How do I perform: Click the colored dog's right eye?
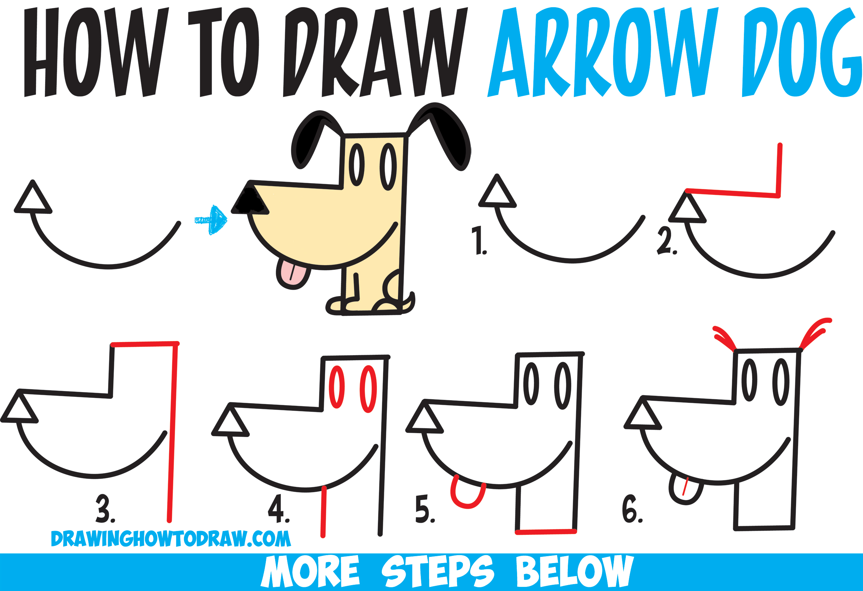388,167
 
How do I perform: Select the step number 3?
105,508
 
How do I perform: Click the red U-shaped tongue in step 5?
467,497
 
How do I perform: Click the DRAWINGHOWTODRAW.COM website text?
171,539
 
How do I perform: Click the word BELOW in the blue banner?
574,571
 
